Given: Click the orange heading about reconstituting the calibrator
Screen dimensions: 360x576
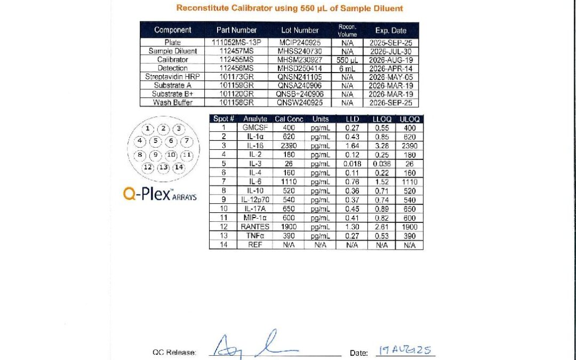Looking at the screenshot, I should pos(289,8).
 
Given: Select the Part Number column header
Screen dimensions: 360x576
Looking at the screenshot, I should pos(236,30).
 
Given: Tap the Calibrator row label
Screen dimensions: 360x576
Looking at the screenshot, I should pos(172,60).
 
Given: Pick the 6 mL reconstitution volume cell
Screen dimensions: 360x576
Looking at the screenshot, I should pos(347,68).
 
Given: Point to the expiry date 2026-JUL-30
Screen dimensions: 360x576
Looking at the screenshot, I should pos(390,51).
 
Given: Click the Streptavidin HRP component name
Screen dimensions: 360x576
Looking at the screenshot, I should pos(172,77).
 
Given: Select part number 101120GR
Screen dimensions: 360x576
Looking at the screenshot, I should pos(236,94).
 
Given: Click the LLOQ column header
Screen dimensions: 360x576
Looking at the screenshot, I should pos(381,119).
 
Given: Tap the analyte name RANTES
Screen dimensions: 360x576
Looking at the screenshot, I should pos(255,227).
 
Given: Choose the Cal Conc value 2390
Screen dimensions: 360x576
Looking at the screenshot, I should pos(287,146).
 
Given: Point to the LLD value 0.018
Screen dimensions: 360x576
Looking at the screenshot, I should pos(352,164).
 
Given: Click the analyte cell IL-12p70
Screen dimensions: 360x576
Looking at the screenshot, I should pos(255,199).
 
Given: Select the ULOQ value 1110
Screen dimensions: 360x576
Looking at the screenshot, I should pos(410,182).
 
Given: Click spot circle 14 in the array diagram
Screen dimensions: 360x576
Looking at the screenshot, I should pos(179,167).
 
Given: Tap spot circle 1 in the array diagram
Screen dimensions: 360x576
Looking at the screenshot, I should pos(148,129).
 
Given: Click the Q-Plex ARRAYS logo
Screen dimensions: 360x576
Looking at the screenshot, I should pos(159,195).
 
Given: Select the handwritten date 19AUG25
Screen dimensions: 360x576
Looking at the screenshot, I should pos(405,350).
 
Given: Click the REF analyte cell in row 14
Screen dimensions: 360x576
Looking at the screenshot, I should pos(255,245).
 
